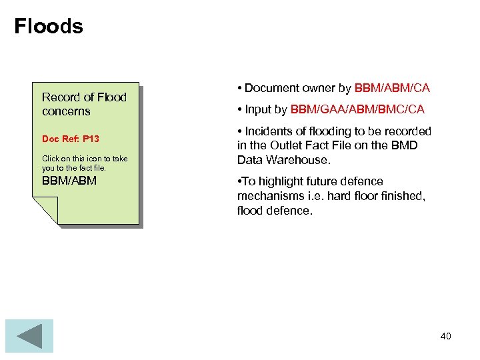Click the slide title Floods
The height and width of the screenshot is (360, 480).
click(49, 27)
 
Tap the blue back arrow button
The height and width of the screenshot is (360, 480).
click(29, 336)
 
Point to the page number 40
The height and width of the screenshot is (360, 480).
click(445, 336)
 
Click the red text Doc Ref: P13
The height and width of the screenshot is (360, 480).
click(71, 139)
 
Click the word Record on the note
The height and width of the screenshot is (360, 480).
click(59, 97)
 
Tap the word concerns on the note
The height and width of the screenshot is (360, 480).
click(66, 111)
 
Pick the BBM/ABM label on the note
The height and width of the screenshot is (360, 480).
click(69, 181)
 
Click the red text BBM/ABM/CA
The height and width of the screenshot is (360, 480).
click(392, 88)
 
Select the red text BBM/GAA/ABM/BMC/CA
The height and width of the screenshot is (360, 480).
click(357, 109)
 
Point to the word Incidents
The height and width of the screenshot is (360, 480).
click(269, 131)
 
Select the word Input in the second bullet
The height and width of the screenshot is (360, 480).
click(258, 109)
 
